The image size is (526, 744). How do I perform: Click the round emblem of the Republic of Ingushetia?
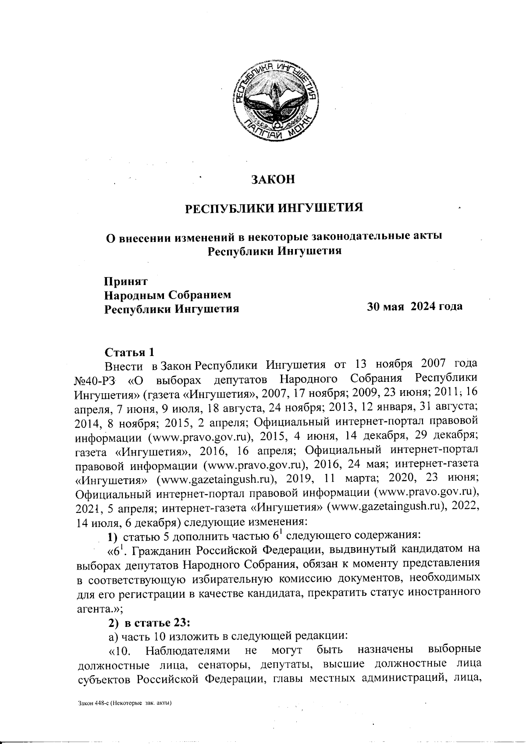274,102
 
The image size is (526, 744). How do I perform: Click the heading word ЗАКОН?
273,179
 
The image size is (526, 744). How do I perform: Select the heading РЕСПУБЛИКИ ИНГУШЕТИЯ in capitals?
274,206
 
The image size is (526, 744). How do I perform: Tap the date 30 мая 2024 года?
415,306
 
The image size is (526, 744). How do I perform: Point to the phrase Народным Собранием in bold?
167,295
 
